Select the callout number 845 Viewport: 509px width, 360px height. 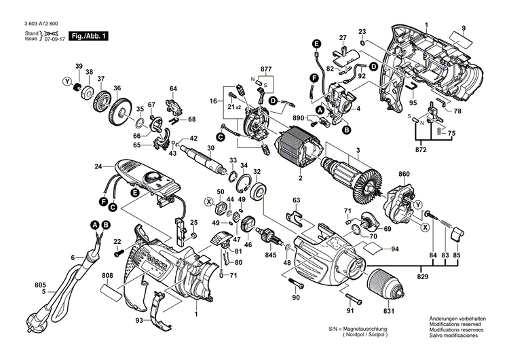coord(271,256)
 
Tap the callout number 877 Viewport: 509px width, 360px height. coord(265,69)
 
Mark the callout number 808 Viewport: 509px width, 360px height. coord(107,276)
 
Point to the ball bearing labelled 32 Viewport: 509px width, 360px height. coord(259,191)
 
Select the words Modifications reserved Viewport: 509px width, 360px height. coord(453,325)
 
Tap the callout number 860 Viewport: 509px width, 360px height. coord(404,175)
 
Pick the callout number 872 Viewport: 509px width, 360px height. coord(421,148)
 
